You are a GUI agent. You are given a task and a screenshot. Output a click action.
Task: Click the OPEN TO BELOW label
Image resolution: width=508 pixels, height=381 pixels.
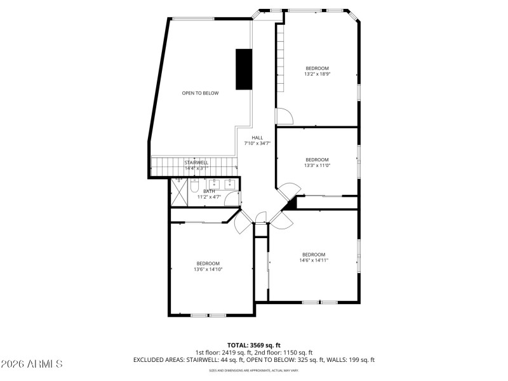pos(200,93)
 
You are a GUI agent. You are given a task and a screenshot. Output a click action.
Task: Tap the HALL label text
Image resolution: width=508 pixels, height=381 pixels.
pos(257,138)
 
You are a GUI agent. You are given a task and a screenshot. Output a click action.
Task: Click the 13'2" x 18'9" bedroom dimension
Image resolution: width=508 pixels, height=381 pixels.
pos(317,74)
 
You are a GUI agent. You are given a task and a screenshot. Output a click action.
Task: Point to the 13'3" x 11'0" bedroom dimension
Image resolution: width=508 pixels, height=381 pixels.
pos(317,165)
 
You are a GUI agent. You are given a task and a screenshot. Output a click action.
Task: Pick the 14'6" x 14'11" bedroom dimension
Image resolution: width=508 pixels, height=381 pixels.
pos(314,260)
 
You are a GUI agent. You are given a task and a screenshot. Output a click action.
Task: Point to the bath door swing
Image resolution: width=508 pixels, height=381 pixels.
pos(232,199)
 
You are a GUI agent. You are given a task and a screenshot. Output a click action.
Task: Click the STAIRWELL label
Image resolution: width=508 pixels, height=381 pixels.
pos(196,163)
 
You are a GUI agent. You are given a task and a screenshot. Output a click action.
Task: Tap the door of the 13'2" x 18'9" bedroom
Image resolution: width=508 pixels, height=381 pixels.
pos(283,116)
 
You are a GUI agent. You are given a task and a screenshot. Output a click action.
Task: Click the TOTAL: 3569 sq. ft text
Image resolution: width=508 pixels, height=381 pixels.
pos(254,345)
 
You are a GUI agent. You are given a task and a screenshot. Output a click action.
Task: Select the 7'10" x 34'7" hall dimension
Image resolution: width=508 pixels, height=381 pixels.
pos(257,144)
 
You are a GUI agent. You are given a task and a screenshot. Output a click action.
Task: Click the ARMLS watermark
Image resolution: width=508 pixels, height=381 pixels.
pos(32,364)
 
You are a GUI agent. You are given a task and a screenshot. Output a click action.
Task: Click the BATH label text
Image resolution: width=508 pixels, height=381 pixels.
pos(209,191)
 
